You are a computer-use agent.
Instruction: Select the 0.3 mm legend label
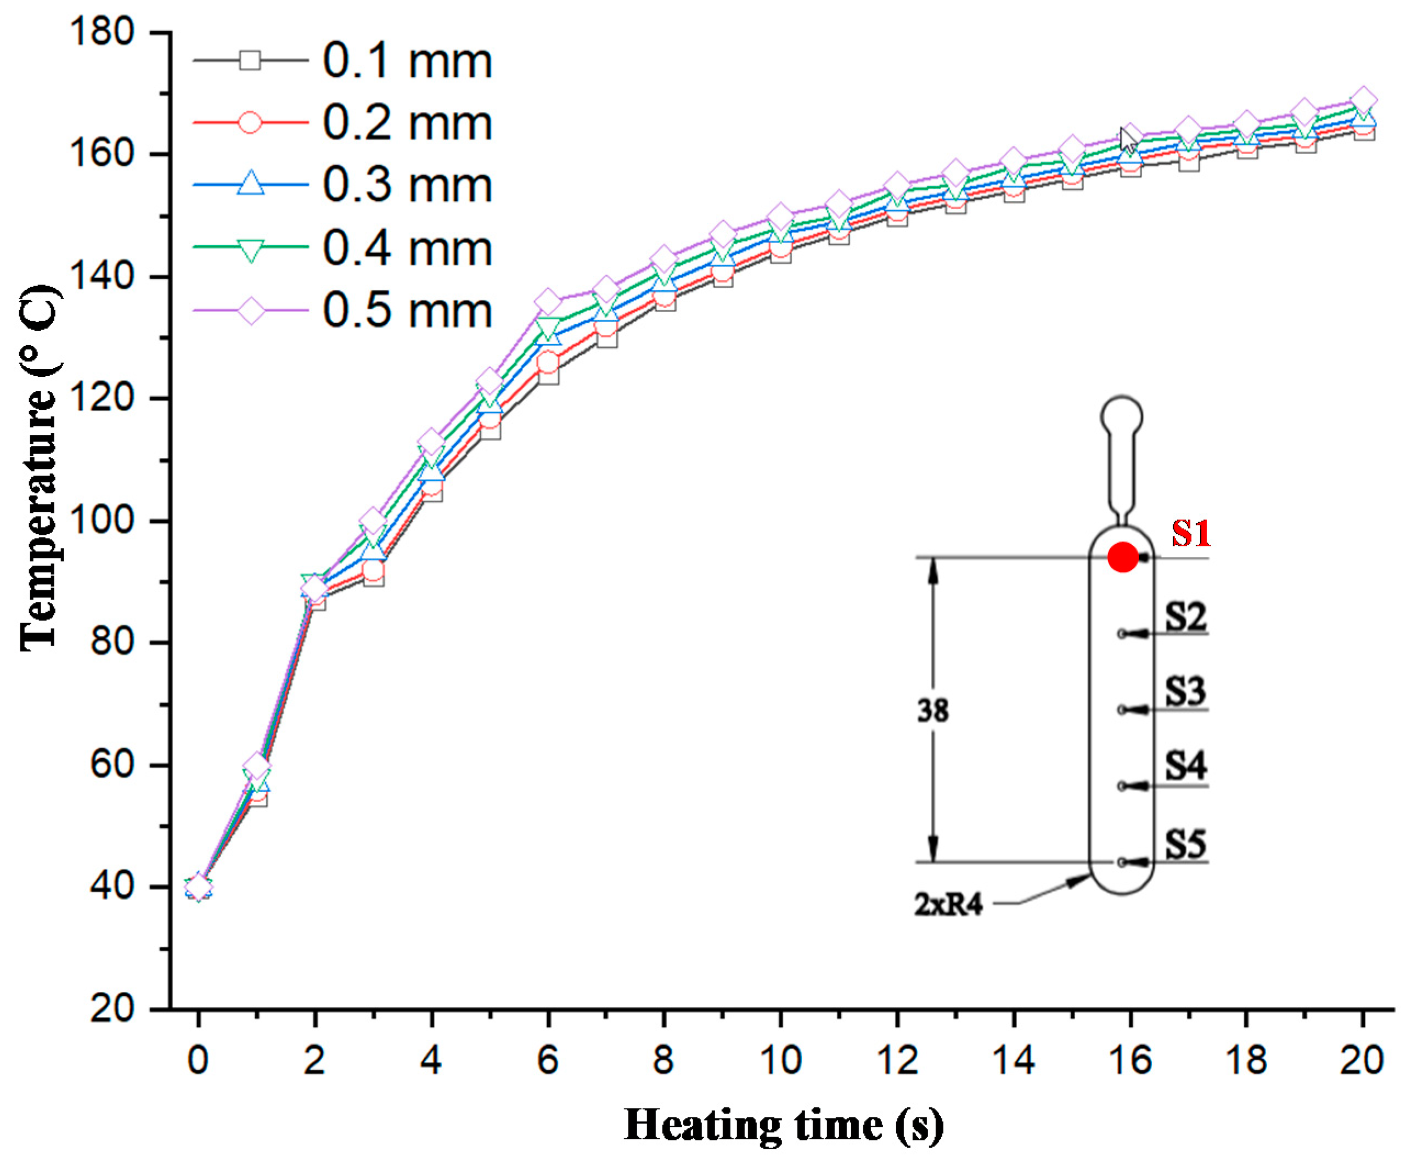[x=407, y=185]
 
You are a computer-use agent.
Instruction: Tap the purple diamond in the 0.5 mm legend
[x=251, y=311]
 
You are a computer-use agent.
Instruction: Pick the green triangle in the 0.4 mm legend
[x=251, y=249]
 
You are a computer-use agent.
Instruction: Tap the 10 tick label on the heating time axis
[x=780, y=1061]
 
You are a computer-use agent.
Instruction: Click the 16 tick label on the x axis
[x=1130, y=1061]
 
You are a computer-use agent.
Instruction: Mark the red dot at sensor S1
[x=1123, y=557]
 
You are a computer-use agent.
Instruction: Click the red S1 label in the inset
[x=1191, y=535]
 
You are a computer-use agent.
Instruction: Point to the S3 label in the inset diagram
[x=1185, y=691]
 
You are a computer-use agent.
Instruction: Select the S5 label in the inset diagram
[x=1185, y=844]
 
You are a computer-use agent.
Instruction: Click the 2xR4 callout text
[x=948, y=906]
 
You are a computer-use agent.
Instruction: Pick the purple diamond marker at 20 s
[x=1362, y=100]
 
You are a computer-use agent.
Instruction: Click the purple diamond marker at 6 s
[x=548, y=301]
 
